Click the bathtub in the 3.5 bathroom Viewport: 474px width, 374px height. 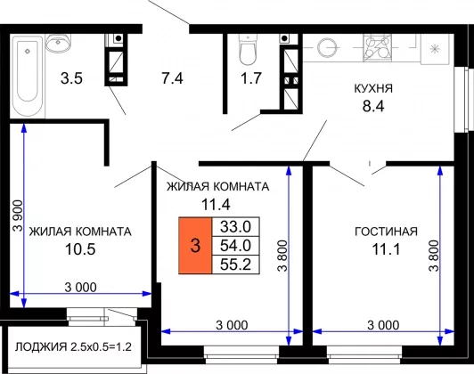pyautogui.click(x=28, y=76)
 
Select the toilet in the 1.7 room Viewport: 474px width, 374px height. pyautogui.click(x=248, y=49)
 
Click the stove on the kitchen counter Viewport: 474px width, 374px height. pyautogui.click(x=377, y=48)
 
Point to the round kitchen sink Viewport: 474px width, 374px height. pyautogui.click(x=327, y=47)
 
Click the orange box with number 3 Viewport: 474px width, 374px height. pyautogui.click(x=195, y=245)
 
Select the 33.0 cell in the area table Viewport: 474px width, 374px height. pyautogui.click(x=236, y=226)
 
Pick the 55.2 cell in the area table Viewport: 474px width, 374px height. pyautogui.click(x=236, y=264)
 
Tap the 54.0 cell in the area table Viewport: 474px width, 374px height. pyautogui.click(x=236, y=246)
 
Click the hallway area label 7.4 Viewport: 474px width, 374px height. pyautogui.click(x=172, y=78)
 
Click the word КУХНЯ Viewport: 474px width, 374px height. pyautogui.click(x=373, y=89)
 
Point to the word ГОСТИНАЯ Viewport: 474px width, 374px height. pyautogui.click(x=386, y=232)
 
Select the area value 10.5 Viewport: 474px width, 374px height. pyautogui.click(x=80, y=249)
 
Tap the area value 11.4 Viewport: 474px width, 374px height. pyautogui.click(x=216, y=205)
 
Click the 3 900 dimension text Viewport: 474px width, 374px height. pyautogui.click(x=18, y=215)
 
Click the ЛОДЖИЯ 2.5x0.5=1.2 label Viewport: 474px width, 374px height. pyautogui.click(x=73, y=346)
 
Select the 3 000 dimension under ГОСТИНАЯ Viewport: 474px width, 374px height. pyautogui.click(x=383, y=325)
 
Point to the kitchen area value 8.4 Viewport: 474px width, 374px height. pyautogui.click(x=373, y=106)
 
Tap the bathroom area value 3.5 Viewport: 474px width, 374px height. pyautogui.click(x=71, y=78)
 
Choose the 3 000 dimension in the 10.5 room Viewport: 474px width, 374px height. pyautogui.click(x=81, y=287)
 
